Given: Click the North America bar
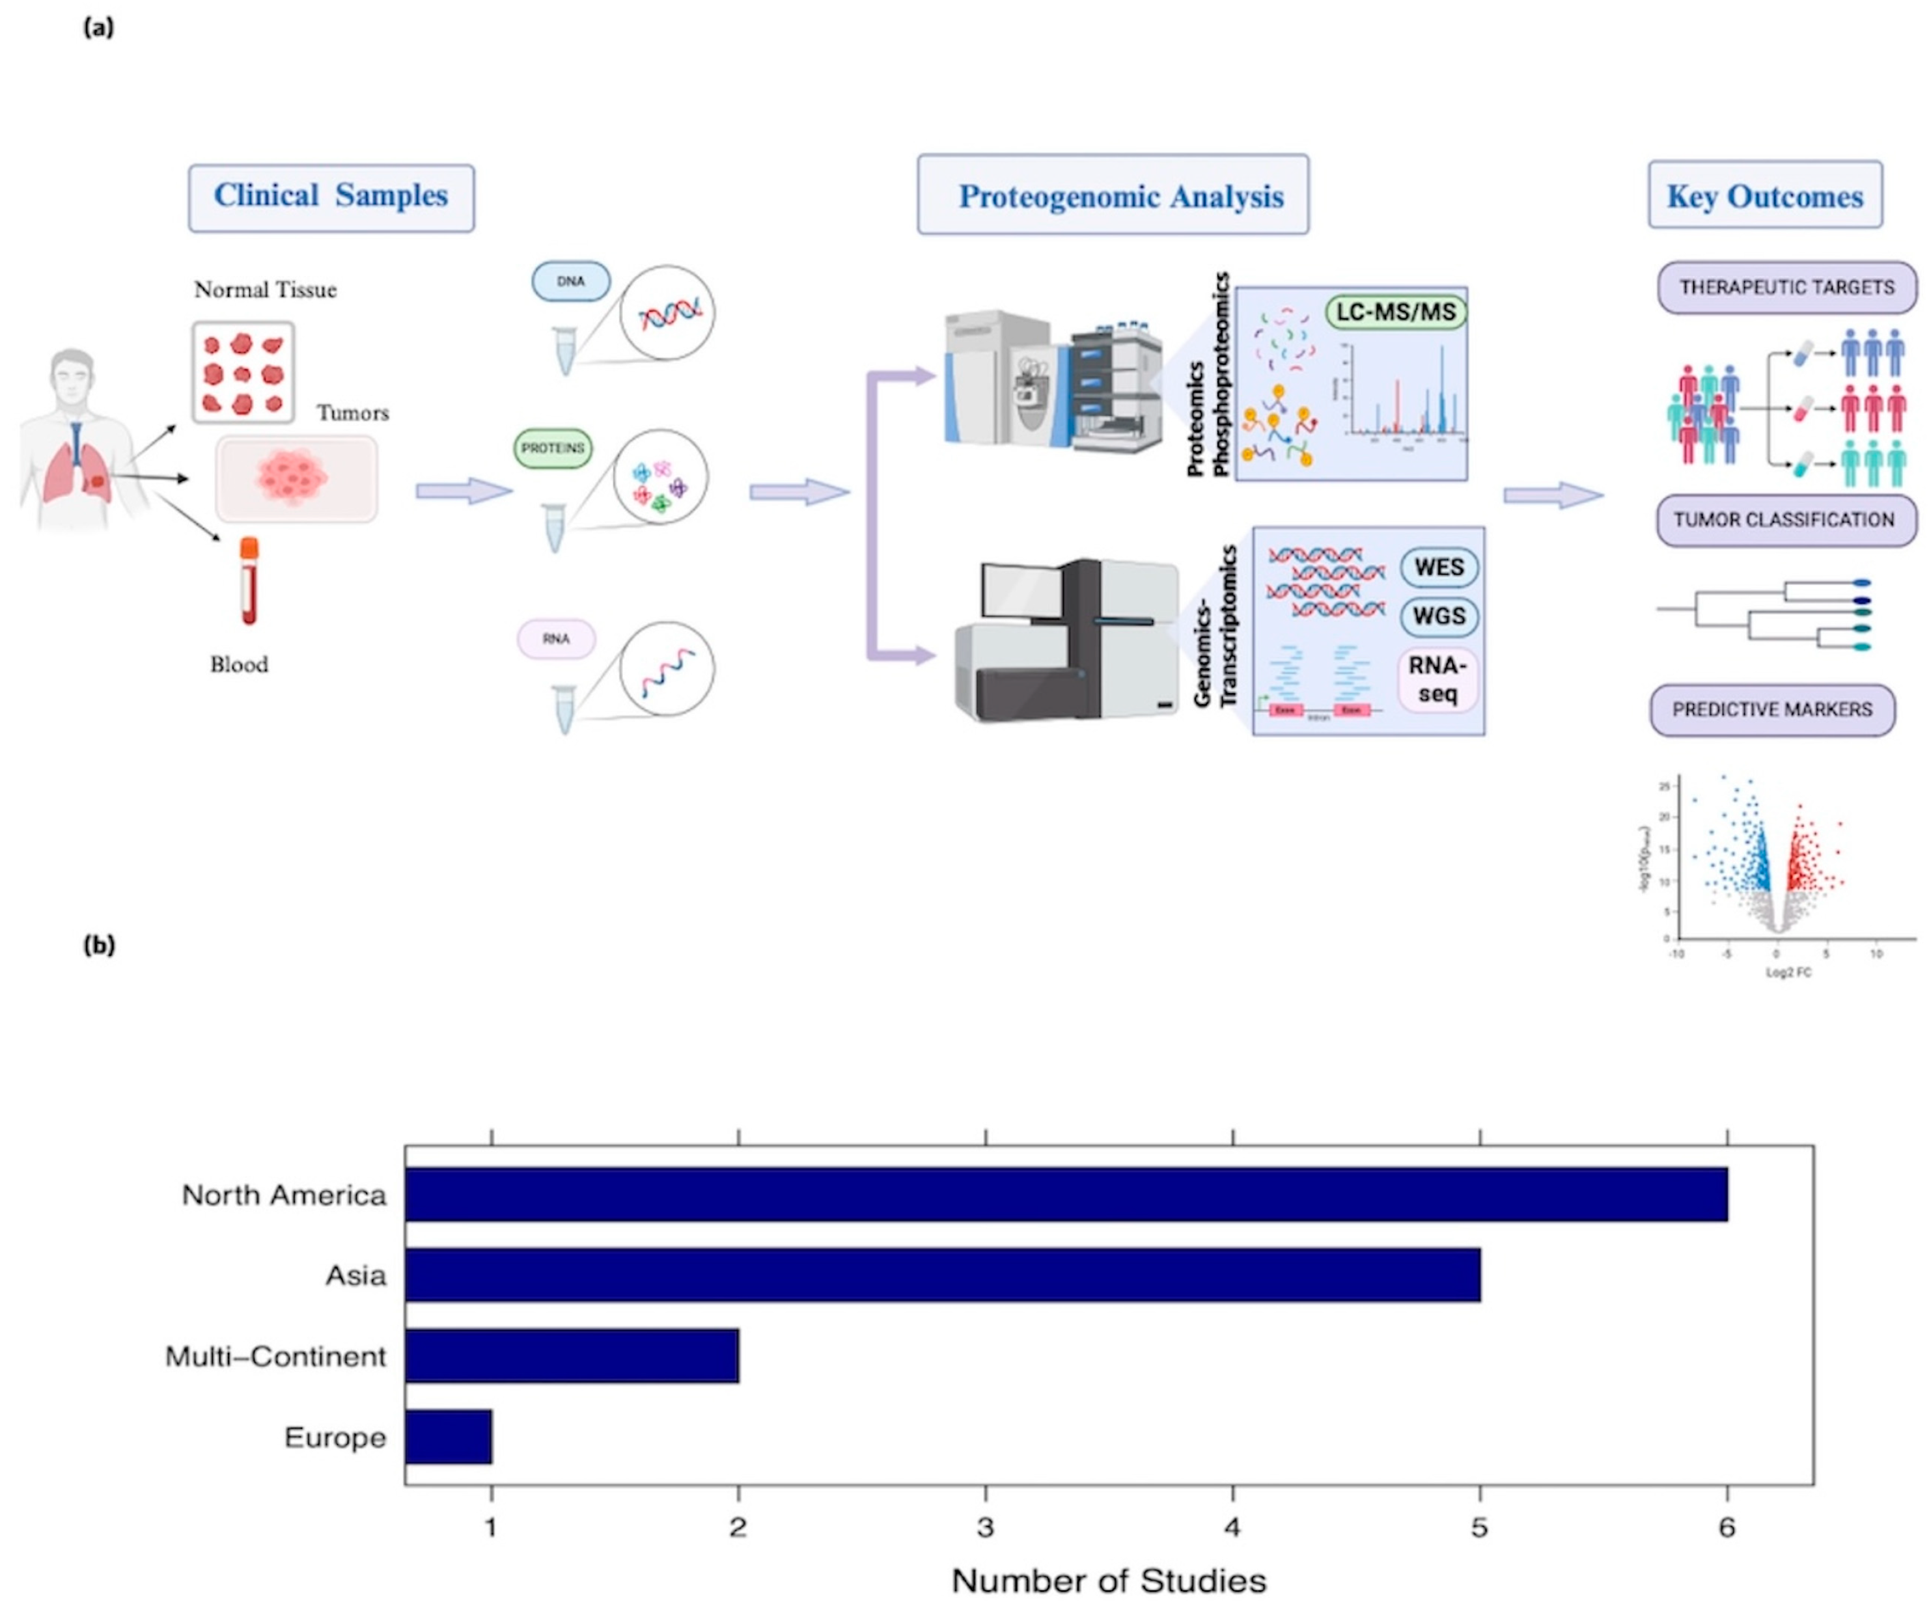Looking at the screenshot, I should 1066,1194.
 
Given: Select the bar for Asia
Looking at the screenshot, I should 941,1275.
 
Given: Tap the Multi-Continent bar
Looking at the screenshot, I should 572,1355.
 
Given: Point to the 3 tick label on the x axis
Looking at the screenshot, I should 985,1527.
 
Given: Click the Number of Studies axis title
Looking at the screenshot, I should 1109,1581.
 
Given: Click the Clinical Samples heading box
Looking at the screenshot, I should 331,197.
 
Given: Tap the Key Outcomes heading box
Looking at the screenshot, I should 1764,196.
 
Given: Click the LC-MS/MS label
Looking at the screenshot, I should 1395,312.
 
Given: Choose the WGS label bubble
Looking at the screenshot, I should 1439,616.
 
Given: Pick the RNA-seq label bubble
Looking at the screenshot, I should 1437,679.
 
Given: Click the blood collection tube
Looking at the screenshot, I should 249,581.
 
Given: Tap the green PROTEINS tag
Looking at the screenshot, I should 553,449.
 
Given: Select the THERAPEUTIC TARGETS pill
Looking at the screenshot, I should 1786,288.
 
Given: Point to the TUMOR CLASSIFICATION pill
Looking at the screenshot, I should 1784,520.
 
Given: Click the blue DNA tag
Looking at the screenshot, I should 570,281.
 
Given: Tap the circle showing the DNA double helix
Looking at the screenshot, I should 667,313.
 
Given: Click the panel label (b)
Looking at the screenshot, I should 99,945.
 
